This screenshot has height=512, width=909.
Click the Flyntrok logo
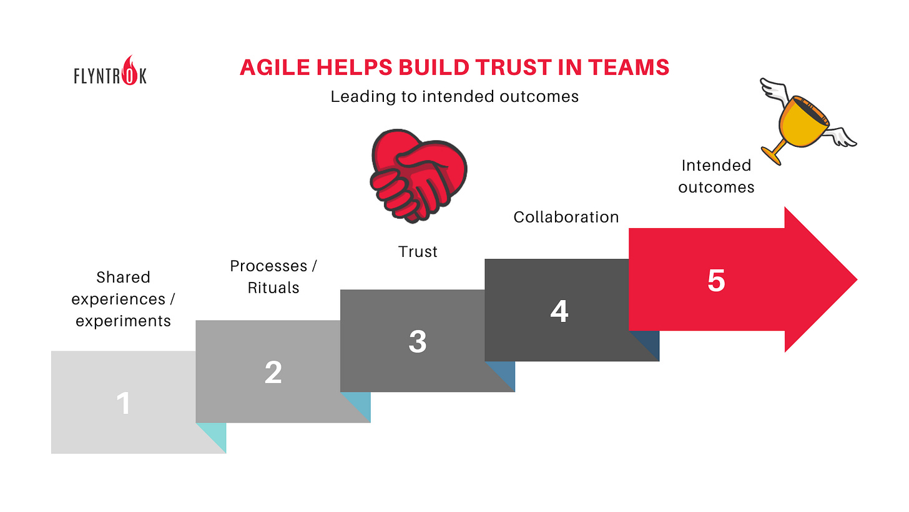coord(109,73)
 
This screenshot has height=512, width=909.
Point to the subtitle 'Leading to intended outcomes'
coord(454,97)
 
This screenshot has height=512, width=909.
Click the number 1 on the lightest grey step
coord(124,403)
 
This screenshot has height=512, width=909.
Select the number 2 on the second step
coord(273,373)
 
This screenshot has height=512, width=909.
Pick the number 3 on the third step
coord(417,341)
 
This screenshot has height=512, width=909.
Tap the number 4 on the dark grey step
coord(559,311)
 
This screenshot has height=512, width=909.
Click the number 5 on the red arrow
coord(715,280)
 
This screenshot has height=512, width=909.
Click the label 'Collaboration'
coord(566,217)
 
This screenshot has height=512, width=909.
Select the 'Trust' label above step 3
coord(418,252)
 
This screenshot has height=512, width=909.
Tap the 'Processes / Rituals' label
coord(273,276)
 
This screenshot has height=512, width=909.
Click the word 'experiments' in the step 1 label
coord(123,321)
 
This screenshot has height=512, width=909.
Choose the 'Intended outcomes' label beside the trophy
coord(716,176)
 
